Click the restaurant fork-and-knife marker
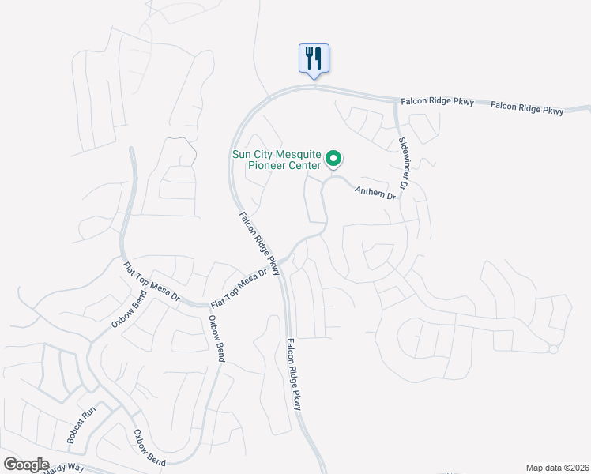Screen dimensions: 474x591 point(314,58)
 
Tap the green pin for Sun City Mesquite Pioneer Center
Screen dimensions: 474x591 point(333,160)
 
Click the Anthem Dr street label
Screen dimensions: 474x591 point(375,192)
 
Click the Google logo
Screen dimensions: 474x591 point(27,464)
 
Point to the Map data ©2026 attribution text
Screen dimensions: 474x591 point(556,467)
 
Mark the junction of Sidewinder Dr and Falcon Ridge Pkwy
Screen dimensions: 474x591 point(396,100)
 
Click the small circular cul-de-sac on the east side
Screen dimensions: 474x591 point(554,349)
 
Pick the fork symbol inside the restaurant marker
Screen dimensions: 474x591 point(309,58)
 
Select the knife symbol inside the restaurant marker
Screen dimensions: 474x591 point(318,58)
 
